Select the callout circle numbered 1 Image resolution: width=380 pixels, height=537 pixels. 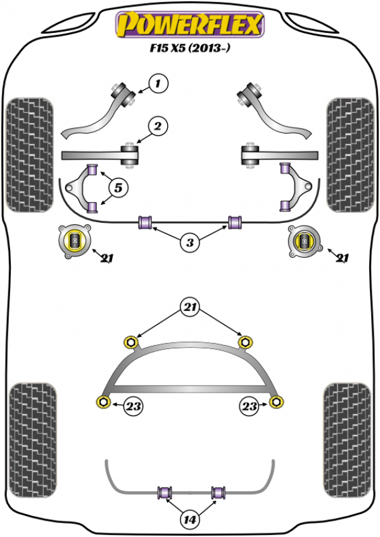(159, 82)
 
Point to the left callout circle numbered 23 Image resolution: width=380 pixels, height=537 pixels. (133, 405)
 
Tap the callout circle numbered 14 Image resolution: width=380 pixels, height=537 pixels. (189, 521)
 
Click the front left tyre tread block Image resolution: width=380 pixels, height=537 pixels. (28, 153)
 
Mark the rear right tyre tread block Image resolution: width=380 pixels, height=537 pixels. (350, 436)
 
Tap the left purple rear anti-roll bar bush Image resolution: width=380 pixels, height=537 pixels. (167, 491)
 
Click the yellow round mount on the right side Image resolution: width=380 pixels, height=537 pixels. (305, 241)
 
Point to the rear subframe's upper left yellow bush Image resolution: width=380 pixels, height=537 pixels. (132, 342)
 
